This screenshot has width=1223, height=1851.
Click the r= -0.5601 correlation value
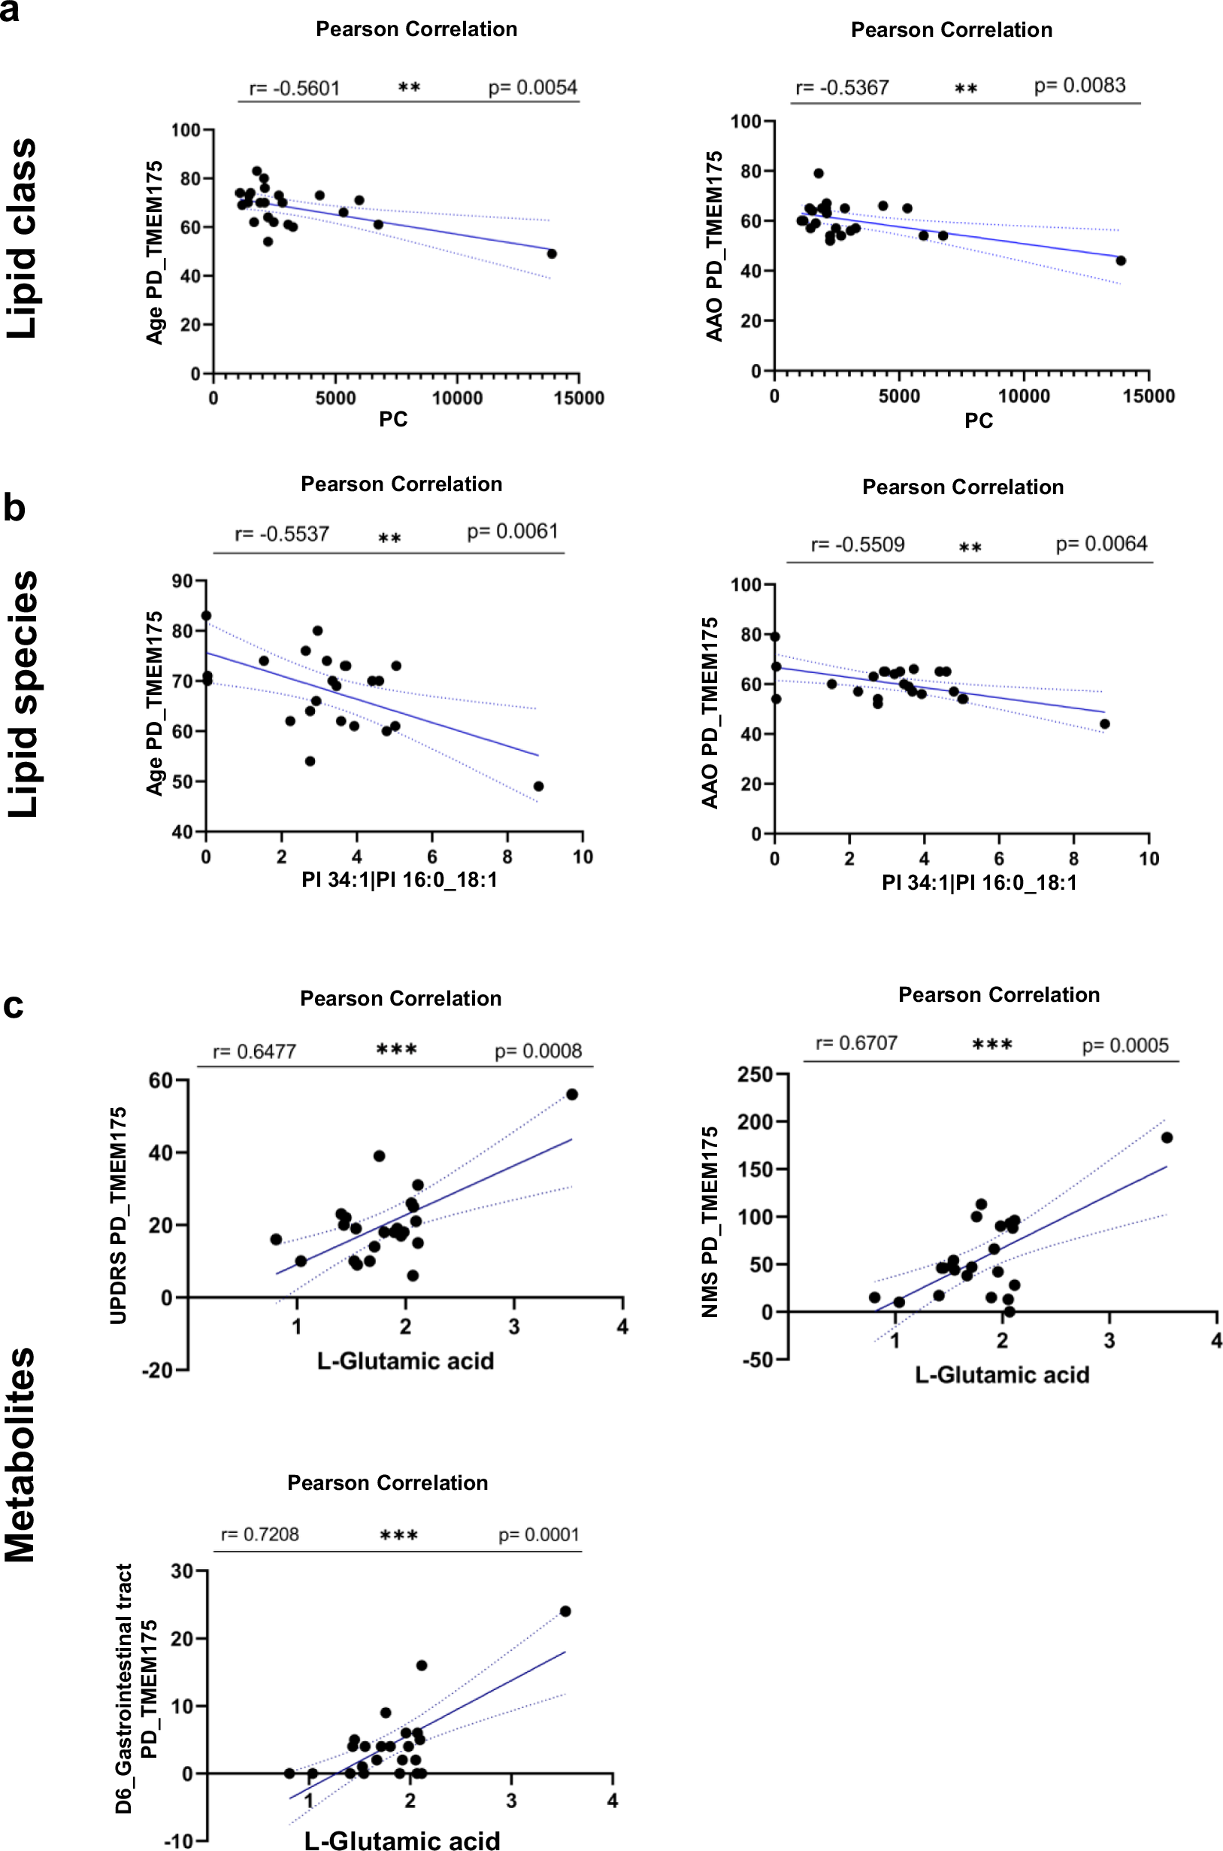point(294,88)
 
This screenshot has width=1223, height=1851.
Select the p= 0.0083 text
point(1079,86)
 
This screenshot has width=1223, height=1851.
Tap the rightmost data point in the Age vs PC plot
point(552,253)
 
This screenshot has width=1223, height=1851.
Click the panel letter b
point(14,508)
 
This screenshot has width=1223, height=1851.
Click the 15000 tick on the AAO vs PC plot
point(1148,396)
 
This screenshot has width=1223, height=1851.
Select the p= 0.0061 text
point(513,532)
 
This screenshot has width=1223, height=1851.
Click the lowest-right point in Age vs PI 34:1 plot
point(538,786)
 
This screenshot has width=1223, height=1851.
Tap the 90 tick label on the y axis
point(183,581)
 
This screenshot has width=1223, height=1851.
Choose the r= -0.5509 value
point(857,545)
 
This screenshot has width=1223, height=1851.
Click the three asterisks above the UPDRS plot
point(396,1049)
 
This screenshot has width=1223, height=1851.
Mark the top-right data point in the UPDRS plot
point(572,1094)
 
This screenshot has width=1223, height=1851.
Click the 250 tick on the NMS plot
point(754,1075)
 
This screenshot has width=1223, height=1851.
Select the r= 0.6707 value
point(856,1043)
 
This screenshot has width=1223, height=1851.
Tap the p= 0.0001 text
point(539,1535)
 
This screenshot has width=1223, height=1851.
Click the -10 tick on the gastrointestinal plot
point(179,1842)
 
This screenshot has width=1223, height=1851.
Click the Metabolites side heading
point(22,1455)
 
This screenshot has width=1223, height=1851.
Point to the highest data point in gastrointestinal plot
point(565,1610)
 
